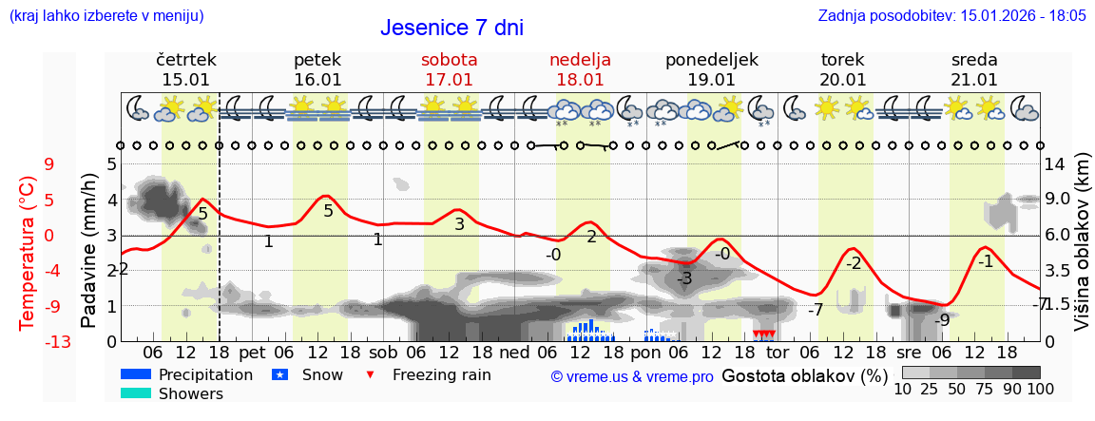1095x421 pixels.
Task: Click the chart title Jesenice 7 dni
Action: coord(451,28)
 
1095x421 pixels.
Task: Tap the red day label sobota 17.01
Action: coord(449,69)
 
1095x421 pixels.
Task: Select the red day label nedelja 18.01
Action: coord(580,69)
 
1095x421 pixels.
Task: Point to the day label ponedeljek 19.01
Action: coord(712,69)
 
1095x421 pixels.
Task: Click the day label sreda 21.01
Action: coord(974,69)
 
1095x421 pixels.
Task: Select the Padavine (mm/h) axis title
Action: coord(88,251)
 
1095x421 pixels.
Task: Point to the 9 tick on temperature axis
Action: coord(49,164)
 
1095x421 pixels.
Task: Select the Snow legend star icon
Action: coord(279,374)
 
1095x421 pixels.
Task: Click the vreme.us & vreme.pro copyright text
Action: coord(632,376)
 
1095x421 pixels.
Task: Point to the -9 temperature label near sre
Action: coord(941,320)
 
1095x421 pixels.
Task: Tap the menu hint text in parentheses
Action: coord(106,15)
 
